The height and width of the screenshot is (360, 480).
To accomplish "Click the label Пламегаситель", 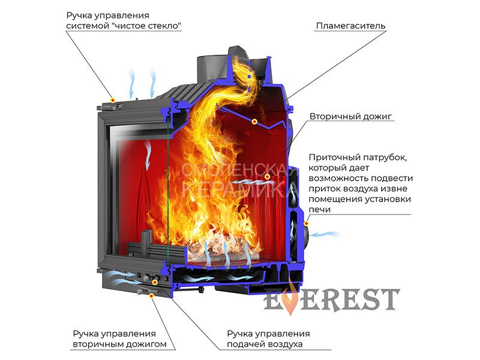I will [350, 26].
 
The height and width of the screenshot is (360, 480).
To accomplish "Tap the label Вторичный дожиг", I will [351, 116].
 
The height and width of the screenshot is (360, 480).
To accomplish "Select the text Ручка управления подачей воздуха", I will [268, 339].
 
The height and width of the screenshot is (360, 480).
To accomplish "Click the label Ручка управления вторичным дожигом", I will [114, 339].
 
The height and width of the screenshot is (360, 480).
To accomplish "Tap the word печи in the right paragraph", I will [319, 209].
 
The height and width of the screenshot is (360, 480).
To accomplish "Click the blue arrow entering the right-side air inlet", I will [326, 234].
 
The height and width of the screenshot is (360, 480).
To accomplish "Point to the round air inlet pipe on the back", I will [306, 230].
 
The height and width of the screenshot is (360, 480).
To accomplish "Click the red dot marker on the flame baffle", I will [254, 122].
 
